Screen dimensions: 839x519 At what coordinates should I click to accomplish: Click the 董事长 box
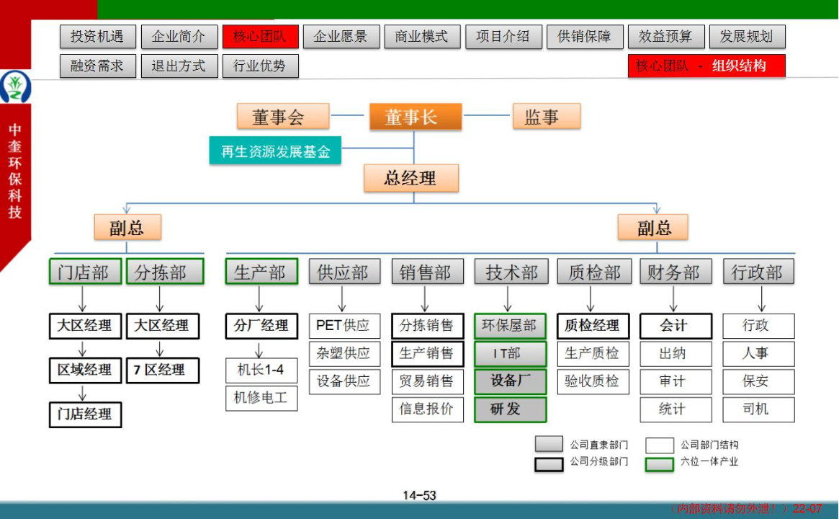[416, 117]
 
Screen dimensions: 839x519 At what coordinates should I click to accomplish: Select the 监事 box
[547, 117]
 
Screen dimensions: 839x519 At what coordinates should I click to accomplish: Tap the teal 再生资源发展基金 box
[275, 151]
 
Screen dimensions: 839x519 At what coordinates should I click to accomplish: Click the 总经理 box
[411, 178]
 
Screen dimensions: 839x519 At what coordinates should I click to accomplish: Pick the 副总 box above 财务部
[652, 228]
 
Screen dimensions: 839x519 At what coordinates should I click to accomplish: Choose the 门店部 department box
[85, 272]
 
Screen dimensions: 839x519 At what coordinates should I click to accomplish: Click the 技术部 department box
[511, 272]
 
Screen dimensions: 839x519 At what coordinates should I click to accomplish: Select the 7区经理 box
[163, 370]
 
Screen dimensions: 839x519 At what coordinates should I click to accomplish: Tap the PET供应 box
[344, 326]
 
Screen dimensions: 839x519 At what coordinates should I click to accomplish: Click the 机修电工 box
[261, 398]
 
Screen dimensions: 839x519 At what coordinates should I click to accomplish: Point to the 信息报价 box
[428, 409]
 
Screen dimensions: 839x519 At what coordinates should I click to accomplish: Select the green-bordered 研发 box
[511, 409]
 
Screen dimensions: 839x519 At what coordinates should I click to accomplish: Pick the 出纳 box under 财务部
[676, 353]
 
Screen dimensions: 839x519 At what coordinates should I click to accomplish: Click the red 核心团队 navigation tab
[261, 37]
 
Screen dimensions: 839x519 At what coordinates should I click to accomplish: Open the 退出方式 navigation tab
[179, 66]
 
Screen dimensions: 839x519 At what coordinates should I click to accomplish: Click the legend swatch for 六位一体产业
[659, 463]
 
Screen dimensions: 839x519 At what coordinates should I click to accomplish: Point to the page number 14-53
[419, 495]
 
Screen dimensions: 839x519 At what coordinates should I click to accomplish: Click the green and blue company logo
[15, 86]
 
